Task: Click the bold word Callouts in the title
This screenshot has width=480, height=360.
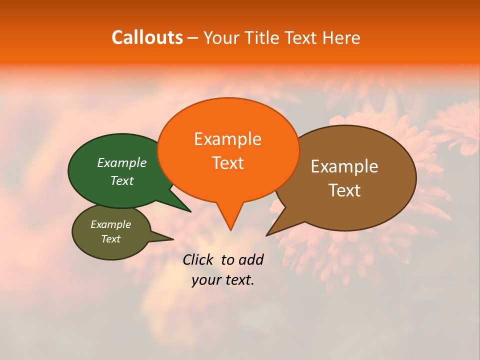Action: (x=147, y=37)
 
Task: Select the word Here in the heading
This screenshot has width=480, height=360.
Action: (x=341, y=37)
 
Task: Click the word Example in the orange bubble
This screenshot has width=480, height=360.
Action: (x=227, y=139)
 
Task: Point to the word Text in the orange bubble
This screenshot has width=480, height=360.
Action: (x=227, y=163)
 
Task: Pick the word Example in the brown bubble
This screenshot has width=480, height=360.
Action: (x=344, y=166)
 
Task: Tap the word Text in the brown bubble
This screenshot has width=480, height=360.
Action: (x=344, y=190)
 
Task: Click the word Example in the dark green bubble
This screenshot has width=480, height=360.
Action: (x=121, y=163)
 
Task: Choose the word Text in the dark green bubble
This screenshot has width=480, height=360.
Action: (x=121, y=181)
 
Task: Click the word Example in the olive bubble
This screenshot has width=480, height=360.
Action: (x=110, y=224)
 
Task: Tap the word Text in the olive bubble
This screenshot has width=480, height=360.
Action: (x=110, y=239)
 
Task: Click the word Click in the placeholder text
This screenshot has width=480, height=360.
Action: (x=197, y=259)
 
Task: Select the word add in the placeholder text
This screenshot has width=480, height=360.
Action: (x=251, y=259)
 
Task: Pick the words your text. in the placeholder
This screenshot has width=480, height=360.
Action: (x=223, y=280)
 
